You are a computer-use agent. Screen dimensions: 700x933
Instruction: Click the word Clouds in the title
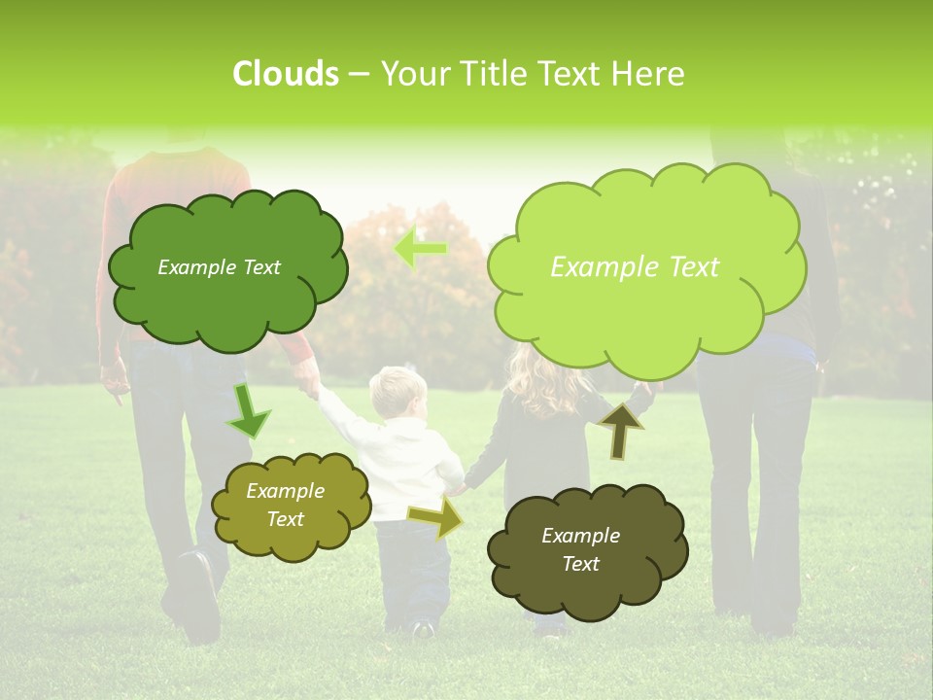(285, 74)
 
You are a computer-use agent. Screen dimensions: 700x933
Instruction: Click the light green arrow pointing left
(420, 248)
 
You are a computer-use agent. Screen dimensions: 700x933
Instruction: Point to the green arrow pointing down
(248, 411)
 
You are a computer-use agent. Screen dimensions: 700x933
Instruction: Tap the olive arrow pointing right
(435, 518)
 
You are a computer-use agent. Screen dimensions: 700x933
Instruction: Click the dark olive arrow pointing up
(620, 430)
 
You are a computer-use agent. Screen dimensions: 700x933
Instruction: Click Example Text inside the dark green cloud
(219, 267)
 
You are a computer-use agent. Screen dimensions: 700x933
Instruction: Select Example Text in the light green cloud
(635, 267)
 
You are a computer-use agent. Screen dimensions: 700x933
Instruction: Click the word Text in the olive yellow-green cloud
(286, 519)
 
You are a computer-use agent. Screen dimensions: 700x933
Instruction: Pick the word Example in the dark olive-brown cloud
(580, 536)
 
